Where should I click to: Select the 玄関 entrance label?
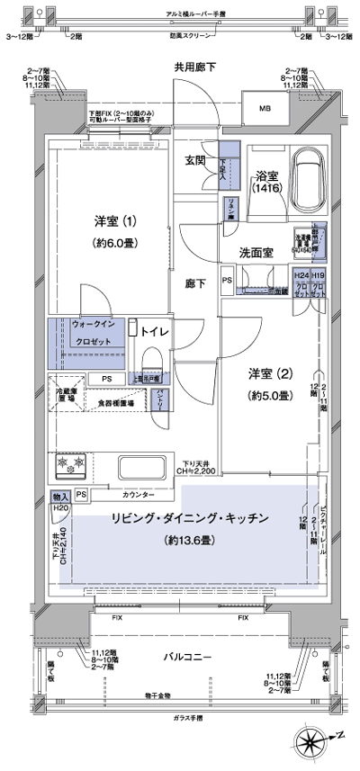pyautogui.click(x=195, y=161)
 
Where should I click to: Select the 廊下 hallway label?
pyautogui.click(x=195, y=283)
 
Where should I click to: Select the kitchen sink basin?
pyautogui.click(x=141, y=467)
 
